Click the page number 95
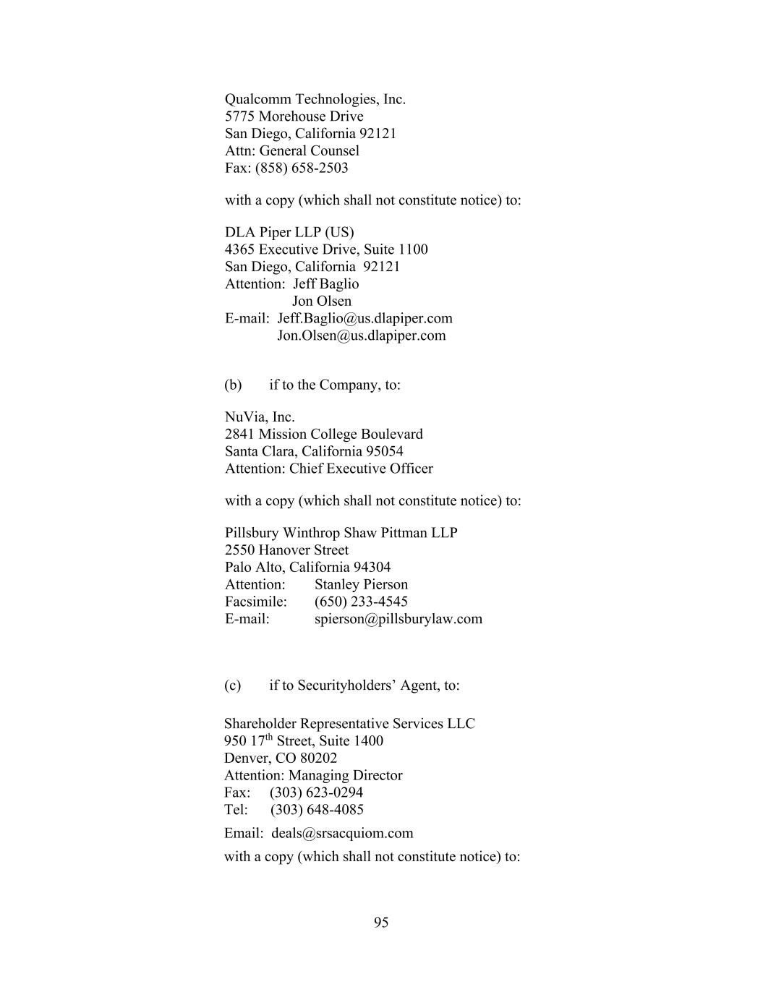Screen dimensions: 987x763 (x=381, y=922)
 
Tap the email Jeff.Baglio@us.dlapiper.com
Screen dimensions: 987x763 (x=365, y=318)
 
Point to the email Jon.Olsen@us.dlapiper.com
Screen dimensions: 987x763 (x=362, y=336)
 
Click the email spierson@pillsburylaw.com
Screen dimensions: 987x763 (x=398, y=619)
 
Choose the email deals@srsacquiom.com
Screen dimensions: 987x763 (x=342, y=833)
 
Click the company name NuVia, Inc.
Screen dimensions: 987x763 (x=260, y=417)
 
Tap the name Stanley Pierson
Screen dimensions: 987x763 (x=361, y=584)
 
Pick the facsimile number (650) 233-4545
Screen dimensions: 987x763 (x=361, y=602)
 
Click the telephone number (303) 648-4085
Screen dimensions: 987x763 (x=317, y=810)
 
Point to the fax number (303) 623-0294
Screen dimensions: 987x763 (x=316, y=792)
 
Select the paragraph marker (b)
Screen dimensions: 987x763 (x=233, y=385)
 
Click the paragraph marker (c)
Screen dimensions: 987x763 (x=232, y=685)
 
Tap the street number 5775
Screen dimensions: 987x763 (x=240, y=116)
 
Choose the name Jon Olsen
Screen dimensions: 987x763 (x=322, y=302)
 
